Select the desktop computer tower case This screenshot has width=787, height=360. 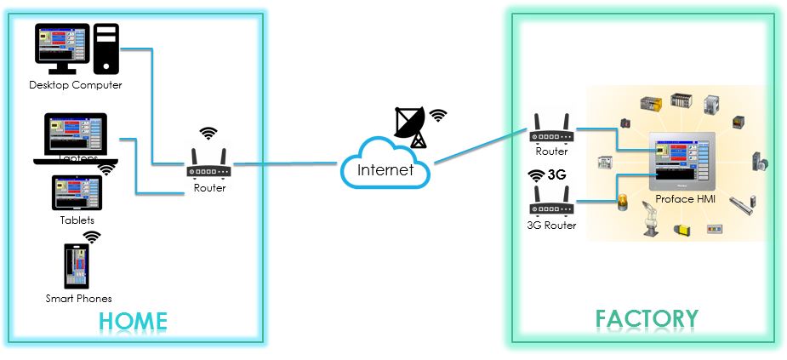pos(106,49)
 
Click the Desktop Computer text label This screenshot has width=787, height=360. pos(76,85)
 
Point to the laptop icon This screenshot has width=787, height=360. pos(76,137)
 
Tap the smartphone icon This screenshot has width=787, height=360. pos(77,266)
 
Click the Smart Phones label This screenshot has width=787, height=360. pos(78,298)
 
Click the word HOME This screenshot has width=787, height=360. pos(133,321)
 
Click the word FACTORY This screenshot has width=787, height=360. pos(647,319)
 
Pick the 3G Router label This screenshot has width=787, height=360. pos(550,226)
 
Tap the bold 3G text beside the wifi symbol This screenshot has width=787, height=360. pos(557,176)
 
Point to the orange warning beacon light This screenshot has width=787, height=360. pos(622,203)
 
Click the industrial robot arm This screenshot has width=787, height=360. pos(652,218)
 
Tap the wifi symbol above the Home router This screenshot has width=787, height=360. pos(208,133)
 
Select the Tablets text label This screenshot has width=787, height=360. pos(77,220)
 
